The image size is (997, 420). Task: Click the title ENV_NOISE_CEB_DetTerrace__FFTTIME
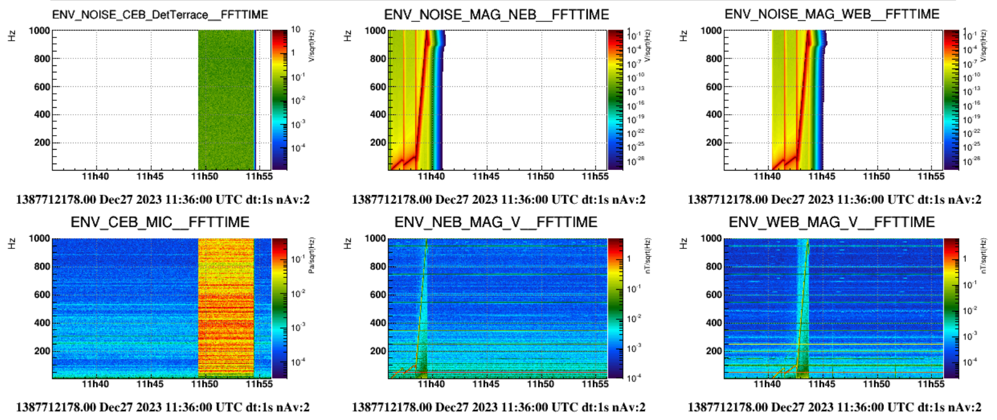pyautogui.click(x=160, y=14)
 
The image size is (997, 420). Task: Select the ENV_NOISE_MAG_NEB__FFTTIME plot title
pyautogui.click(x=496, y=14)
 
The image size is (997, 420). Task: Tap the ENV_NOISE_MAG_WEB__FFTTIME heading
pyautogui.click(x=831, y=14)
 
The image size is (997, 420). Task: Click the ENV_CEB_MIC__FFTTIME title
pyautogui.click(x=160, y=222)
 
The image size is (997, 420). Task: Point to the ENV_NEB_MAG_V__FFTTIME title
pyautogui.click(x=496, y=222)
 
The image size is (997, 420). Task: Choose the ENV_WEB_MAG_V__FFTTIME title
pyautogui.click(x=831, y=222)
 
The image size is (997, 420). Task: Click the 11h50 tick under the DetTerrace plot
pyautogui.click(x=205, y=176)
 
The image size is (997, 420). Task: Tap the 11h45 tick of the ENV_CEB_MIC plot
pyautogui.click(x=149, y=384)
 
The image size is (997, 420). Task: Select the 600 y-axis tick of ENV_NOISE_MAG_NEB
pyautogui.click(x=378, y=86)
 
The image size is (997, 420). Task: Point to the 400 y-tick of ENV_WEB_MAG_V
pyautogui.click(x=714, y=323)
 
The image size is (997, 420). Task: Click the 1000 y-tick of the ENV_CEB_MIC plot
pyautogui.click(x=40, y=238)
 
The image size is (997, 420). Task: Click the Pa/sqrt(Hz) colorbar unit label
pyautogui.click(x=312, y=256)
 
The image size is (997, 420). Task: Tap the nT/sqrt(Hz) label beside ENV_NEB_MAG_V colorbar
pyautogui.click(x=648, y=256)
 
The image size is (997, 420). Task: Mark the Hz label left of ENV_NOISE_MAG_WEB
pyautogui.click(x=683, y=36)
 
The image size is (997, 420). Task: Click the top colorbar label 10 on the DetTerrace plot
pyautogui.click(x=296, y=30)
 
